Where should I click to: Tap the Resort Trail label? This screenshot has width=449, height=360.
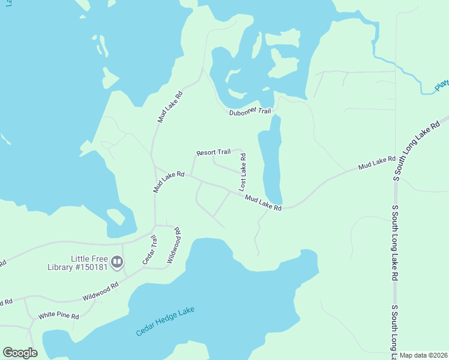tap(213, 152)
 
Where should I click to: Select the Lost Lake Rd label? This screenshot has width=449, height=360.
tap(243, 172)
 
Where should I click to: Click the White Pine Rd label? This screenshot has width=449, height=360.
tap(59, 316)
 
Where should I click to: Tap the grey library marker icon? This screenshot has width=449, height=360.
tap(117, 262)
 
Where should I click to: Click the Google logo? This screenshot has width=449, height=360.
tap(20, 352)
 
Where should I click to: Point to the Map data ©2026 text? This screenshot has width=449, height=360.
tap(423, 355)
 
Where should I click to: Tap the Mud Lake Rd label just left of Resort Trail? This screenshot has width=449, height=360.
tap(168, 181)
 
